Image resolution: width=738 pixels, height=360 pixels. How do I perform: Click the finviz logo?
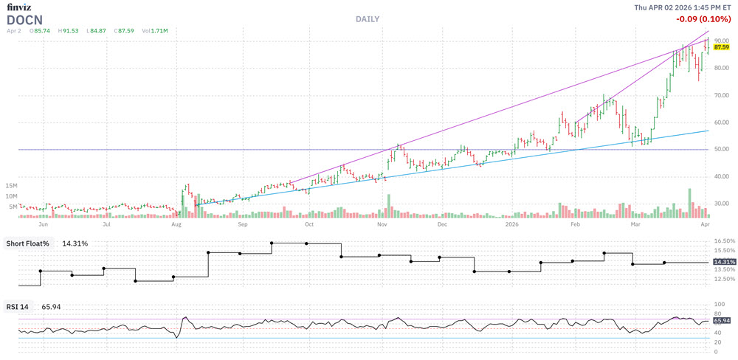coord(19,7)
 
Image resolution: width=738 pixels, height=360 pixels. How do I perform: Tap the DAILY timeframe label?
coord(367,18)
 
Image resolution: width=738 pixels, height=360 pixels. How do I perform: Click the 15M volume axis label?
coord(11,185)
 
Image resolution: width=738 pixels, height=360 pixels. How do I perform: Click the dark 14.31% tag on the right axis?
coord(723,262)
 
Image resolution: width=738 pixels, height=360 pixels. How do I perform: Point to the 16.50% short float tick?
coord(723,241)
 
